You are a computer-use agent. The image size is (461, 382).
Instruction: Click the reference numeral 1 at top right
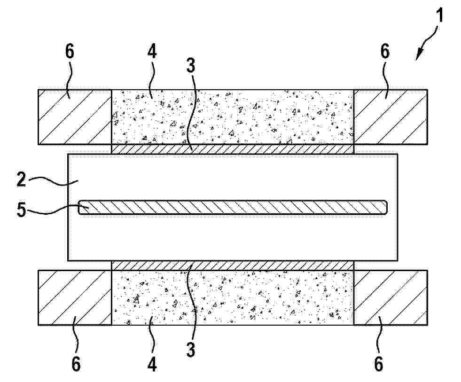click(439, 16)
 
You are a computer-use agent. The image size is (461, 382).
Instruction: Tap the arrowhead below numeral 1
click(419, 55)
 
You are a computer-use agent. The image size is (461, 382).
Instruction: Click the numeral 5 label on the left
click(21, 210)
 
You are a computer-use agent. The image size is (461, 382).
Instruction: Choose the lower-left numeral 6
click(76, 364)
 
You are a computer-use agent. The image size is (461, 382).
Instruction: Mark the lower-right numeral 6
click(379, 364)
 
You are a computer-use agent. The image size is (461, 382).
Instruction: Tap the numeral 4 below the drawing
click(152, 364)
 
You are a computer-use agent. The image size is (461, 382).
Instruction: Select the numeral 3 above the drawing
click(191, 65)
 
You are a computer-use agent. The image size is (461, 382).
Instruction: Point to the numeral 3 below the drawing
click(191, 350)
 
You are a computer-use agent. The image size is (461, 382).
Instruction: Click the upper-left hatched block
click(75, 117)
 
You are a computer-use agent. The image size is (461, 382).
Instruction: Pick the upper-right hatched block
click(391, 117)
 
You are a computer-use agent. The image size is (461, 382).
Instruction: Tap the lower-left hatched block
click(75, 297)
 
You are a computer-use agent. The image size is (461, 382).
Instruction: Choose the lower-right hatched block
click(391, 297)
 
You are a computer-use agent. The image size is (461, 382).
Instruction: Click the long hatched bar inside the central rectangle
click(233, 207)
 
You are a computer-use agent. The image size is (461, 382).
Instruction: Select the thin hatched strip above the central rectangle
click(233, 149)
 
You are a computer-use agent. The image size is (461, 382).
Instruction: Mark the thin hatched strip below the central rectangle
click(233, 265)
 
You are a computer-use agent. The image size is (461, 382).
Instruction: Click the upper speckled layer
click(233, 117)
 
